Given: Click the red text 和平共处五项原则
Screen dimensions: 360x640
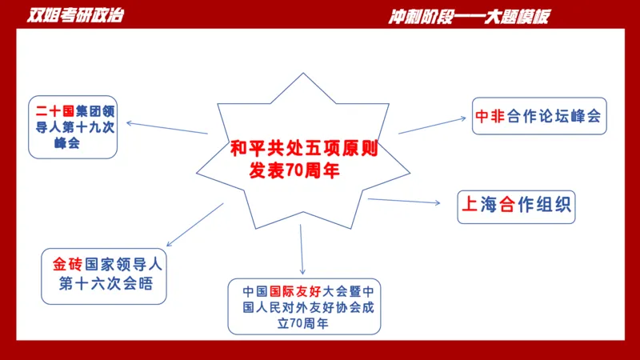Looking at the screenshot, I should pyautogui.click(x=303, y=148).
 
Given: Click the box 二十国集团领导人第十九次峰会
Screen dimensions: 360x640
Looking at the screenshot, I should pyautogui.click(x=73, y=127).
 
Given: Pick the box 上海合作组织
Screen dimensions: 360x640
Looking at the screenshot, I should pyautogui.click(x=516, y=205).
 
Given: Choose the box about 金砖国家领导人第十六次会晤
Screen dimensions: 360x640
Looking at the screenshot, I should pyautogui.click(x=106, y=274).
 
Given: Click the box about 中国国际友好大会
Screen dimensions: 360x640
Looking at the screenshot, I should pyautogui.click(x=304, y=306).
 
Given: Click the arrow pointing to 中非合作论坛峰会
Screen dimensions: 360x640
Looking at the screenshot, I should pyautogui.click(x=432, y=124).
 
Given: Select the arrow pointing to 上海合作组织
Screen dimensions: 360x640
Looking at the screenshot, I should pyautogui.click(x=404, y=201).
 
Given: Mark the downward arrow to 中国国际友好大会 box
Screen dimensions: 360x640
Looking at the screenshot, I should pyautogui.click(x=302, y=250).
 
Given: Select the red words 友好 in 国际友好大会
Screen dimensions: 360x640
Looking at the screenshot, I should pyautogui.click(x=310, y=290).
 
